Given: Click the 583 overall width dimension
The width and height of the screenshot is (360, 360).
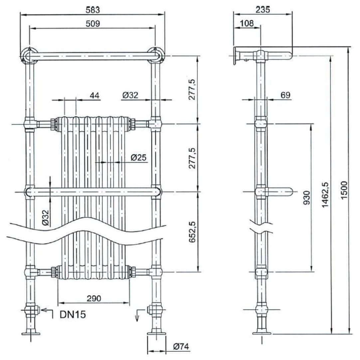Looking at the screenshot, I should tap(92, 10).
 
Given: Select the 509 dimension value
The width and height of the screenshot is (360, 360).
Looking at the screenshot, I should tap(92, 24).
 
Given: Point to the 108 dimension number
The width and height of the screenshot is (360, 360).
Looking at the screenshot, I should tap(247, 23).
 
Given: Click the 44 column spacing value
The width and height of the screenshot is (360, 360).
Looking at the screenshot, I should tap(94, 95).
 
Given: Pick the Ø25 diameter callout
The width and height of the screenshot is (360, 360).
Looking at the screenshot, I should tap(138, 158).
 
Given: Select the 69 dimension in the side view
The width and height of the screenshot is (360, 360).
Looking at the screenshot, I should tap(285, 95).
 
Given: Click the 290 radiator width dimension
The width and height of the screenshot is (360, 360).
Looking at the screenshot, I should tap(94, 298).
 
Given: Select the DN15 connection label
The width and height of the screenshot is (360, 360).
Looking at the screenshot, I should tap(73, 314).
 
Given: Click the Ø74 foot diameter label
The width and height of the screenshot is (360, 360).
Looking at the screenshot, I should tap(181, 347).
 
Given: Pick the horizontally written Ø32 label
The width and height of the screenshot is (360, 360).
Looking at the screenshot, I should tap(130, 95).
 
